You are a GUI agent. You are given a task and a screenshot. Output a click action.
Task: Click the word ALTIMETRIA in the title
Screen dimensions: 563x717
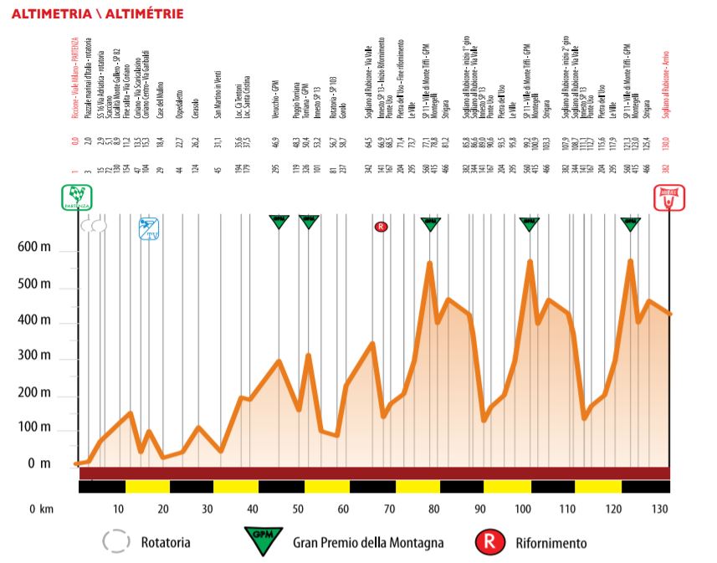coord(51,14)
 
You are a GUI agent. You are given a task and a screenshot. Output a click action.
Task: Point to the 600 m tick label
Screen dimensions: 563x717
coord(33,248)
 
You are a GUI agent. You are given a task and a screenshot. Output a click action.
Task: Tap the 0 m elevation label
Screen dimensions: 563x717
coord(38,463)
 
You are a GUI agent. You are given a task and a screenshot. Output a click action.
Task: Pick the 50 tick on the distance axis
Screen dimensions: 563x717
coord(297,509)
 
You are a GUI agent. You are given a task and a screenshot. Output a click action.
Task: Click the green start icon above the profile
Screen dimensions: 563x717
coord(77,197)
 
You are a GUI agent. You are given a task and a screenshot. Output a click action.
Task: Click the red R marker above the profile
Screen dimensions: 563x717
coord(381,225)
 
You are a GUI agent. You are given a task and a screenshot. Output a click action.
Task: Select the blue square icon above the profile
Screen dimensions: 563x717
coord(149,228)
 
